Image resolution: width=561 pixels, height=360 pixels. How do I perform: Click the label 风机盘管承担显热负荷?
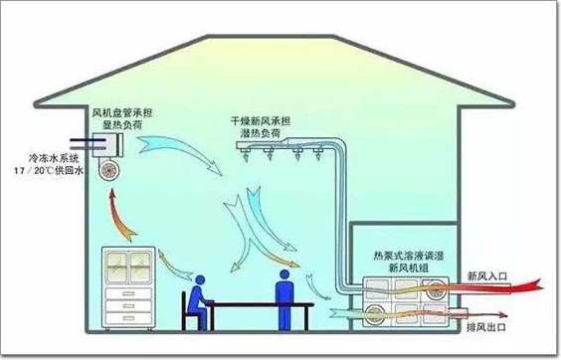[122, 118]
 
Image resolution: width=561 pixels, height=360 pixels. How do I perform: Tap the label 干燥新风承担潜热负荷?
[260, 127]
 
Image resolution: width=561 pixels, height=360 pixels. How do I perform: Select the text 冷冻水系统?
[54, 158]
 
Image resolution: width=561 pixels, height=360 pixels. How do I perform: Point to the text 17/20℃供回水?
[49, 170]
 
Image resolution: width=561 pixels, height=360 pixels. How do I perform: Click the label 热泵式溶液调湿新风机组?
[409, 262]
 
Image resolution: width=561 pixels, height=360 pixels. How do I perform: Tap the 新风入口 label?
[487, 275]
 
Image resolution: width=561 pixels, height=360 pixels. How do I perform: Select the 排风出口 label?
[486, 327]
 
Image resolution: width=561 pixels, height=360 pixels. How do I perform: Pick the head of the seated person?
[199, 280]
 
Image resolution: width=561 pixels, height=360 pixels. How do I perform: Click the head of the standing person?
[284, 274]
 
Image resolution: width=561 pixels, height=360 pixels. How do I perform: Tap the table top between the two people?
[262, 305]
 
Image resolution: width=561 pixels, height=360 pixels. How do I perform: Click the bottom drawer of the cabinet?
[128, 318]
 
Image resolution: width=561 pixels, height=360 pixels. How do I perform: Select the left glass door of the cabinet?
[116, 267]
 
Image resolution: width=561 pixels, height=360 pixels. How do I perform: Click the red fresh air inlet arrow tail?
[528, 286]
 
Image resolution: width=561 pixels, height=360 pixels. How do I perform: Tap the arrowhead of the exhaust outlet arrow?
[503, 315]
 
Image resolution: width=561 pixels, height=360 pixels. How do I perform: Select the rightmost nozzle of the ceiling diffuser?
[317, 154]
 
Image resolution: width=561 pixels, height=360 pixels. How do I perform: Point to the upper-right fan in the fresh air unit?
[436, 287]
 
